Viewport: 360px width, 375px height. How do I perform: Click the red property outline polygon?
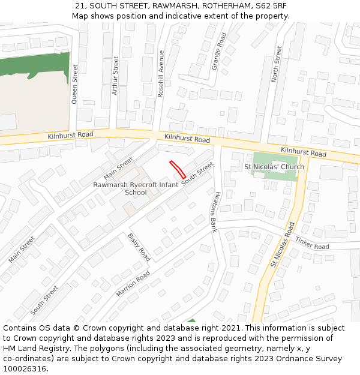point(177,170)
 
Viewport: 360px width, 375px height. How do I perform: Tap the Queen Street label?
point(75,84)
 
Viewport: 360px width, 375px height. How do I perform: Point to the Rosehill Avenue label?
point(160,73)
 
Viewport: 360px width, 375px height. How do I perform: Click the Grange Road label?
point(219,51)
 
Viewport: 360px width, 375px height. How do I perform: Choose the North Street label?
point(276,64)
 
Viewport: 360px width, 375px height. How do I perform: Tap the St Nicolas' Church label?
point(274,167)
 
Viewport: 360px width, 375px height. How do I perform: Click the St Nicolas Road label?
point(282,245)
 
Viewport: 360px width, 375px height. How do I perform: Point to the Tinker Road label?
point(312,243)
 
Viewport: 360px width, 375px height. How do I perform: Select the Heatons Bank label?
point(212,211)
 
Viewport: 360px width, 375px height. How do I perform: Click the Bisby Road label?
point(139,247)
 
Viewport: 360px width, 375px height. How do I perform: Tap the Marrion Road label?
point(133,284)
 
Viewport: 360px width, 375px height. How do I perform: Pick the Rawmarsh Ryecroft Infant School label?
point(136,188)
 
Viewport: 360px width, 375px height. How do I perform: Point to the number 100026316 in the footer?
point(25,368)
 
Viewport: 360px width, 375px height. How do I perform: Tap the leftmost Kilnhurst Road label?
point(70,136)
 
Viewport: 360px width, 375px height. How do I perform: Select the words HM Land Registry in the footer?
point(34,348)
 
